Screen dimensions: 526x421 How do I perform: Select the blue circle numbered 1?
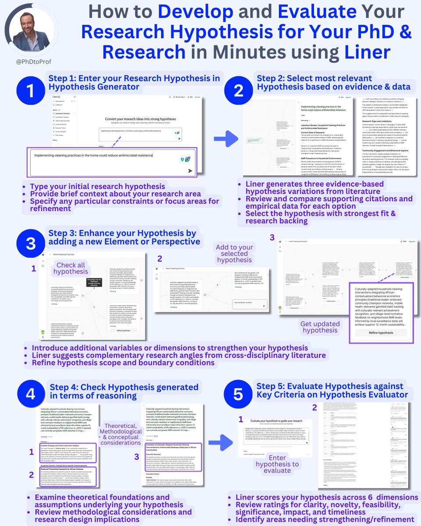click(x=31, y=92)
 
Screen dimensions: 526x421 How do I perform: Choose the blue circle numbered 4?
click(x=31, y=394)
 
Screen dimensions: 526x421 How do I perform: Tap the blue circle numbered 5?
click(x=238, y=394)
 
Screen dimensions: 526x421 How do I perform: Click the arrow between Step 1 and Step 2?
click(x=226, y=140)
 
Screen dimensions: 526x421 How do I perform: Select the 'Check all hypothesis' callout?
click(x=71, y=268)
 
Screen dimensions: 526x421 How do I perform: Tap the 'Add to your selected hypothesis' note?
click(x=235, y=253)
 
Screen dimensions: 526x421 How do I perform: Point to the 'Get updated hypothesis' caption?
click(x=320, y=327)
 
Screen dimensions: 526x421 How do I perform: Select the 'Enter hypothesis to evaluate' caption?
click(x=277, y=464)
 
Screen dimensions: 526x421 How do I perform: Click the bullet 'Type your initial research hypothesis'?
click(x=97, y=186)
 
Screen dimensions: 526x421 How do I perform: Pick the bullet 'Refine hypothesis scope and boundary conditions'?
click(x=123, y=363)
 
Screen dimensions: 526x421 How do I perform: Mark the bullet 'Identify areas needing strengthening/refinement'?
click(x=325, y=519)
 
